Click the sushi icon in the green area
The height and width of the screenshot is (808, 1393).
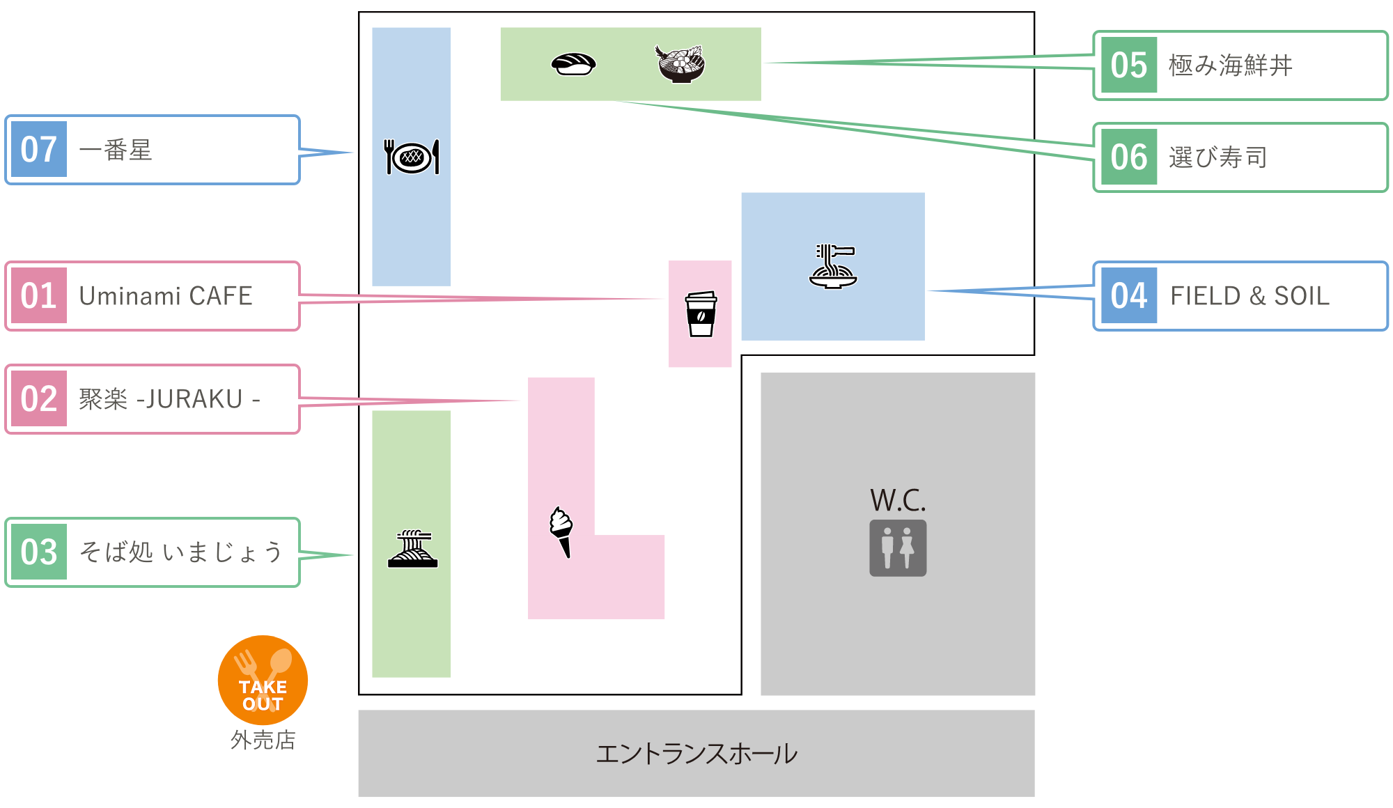click(x=573, y=64)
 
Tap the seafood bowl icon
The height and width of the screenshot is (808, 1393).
click(x=680, y=64)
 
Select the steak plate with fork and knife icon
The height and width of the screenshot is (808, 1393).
click(x=412, y=157)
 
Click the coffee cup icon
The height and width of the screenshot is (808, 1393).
click(x=701, y=314)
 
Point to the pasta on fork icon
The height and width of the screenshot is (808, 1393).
click(x=833, y=266)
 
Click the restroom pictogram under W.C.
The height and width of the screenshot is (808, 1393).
click(x=898, y=548)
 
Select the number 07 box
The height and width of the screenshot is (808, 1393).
click(x=39, y=150)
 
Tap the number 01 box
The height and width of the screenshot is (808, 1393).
click(x=39, y=296)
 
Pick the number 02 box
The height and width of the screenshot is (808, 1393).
click(x=39, y=399)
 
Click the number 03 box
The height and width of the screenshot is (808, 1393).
click(x=39, y=552)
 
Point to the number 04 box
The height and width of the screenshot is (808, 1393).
click(x=1129, y=296)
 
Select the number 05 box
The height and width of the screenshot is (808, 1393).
click(x=1129, y=65)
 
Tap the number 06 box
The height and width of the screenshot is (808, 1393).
click(x=1129, y=157)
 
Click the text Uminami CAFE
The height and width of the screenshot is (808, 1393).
click(x=166, y=296)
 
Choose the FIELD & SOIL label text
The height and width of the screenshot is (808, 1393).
click(x=1250, y=296)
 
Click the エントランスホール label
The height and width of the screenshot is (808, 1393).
click(x=696, y=754)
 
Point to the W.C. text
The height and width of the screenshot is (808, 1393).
click(x=898, y=500)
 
